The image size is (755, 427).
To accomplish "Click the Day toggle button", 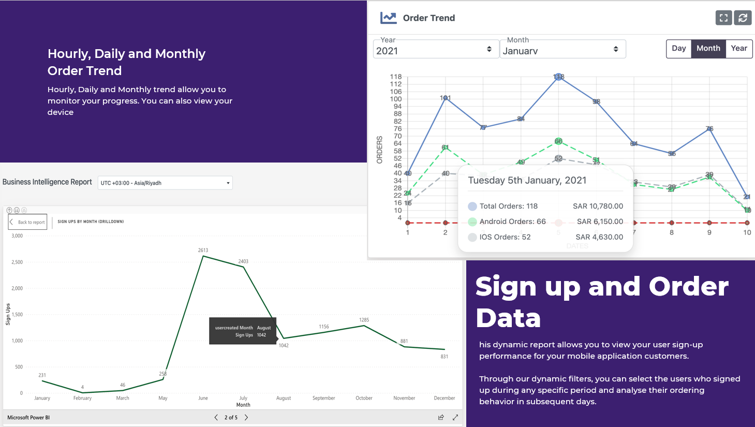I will coord(678,49).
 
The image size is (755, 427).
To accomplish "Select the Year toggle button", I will coord(738,49).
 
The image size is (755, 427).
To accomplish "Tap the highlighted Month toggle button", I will coord(708,49).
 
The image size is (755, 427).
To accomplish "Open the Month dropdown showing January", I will coord(562,50).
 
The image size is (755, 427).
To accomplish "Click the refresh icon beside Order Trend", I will coord(743,18).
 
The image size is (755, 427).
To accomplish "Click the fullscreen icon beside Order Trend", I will coord(723,18).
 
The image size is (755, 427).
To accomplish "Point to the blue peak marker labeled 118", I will coord(558,77).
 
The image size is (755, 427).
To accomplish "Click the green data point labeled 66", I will coord(558,141).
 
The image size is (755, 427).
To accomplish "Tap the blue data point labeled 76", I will coord(709,129).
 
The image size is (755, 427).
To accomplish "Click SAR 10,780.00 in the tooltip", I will coord(598,206).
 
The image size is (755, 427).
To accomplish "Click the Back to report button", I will coord(28,222).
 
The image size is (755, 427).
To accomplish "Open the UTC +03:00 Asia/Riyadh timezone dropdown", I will coord(165,183).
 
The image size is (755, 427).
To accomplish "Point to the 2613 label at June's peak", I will coord(203,251).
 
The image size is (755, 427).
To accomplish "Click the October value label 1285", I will coord(364,320).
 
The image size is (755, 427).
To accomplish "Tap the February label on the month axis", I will coord(82,398).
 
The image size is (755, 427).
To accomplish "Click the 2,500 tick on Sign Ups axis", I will coord(17,262).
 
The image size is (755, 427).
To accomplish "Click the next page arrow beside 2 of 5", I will coord(246,417).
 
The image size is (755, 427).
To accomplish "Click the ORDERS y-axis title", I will coord(379,150).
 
